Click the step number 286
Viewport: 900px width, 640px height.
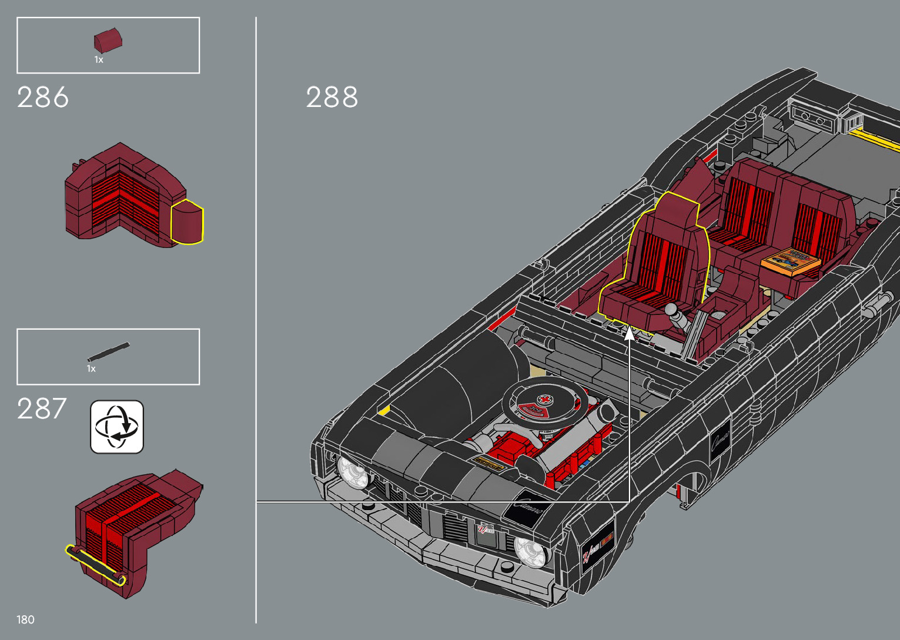click(x=43, y=98)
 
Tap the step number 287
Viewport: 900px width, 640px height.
click(x=42, y=409)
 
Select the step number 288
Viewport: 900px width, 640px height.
click(x=332, y=98)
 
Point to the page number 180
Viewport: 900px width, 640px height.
click(x=25, y=619)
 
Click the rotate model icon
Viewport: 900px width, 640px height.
click(x=117, y=427)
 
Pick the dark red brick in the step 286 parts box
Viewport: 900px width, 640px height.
click(x=108, y=41)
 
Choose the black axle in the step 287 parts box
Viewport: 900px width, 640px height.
click(x=109, y=351)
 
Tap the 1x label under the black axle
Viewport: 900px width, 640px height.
click(x=91, y=369)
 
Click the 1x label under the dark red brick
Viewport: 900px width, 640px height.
click(x=99, y=60)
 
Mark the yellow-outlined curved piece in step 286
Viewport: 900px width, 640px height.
click(x=187, y=222)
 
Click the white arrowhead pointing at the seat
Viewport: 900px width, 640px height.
click(x=629, y=333)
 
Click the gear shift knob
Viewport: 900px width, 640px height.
click(x=670, y=310)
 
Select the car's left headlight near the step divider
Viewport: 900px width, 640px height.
click(x=352, y=471)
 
